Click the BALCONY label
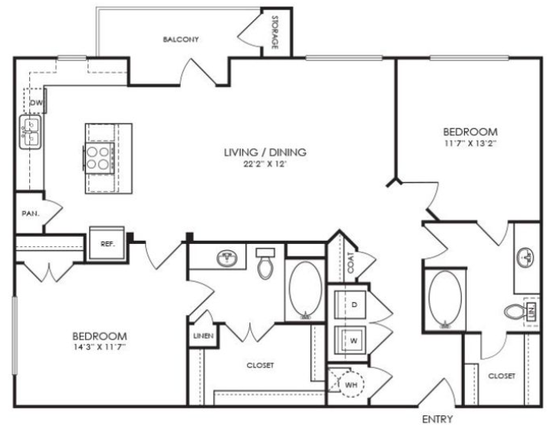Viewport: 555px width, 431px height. tap(181, 39)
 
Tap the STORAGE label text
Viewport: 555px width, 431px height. tap(275, 32)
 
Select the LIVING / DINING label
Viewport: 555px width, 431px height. tap(265, 152)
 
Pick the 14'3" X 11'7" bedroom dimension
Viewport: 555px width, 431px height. tap(99, 347)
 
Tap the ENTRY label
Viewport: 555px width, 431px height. tap(437, 419)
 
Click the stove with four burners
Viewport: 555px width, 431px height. tap(99, 158)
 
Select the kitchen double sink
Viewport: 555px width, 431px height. tap(31, 132)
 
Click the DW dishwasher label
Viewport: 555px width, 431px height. tap(36, 103)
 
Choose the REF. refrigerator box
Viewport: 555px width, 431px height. tap(107, 243)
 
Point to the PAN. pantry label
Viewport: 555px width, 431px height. tap(31, 213)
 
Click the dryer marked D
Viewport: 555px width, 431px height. tap(350, 305)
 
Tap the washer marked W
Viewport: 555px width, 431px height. tap(350, 340)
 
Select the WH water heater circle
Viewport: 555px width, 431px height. tap(351, 384)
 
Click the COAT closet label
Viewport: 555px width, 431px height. tap(351, 262)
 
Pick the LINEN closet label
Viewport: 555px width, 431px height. tap(204, 335)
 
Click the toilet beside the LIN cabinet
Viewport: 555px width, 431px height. tap(514, 312)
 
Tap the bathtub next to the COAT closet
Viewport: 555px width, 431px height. tap(306, 290)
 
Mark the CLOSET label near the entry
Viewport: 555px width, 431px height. tap(501, 376)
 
